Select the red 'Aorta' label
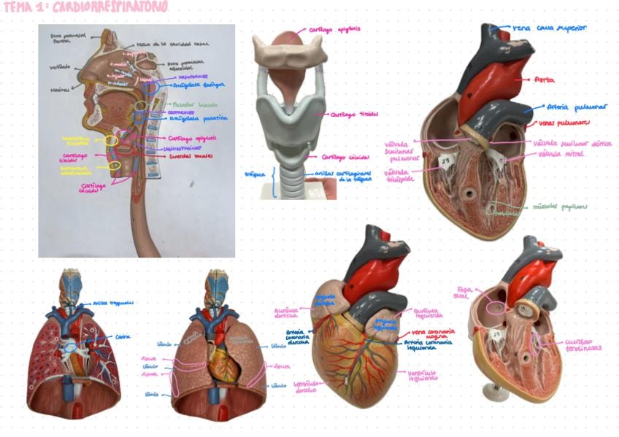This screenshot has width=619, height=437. [x=545, y=78]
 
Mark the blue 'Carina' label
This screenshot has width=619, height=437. [x=123, y=336]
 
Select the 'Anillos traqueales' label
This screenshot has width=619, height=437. [x=114, y=302]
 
